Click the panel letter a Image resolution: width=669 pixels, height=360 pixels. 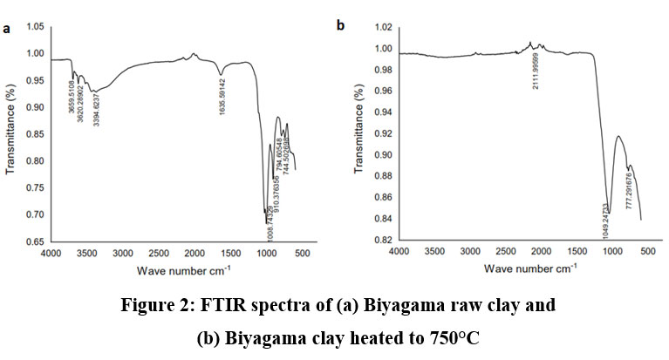point(6,29)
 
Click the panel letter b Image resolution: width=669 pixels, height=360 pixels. point(341,25)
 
